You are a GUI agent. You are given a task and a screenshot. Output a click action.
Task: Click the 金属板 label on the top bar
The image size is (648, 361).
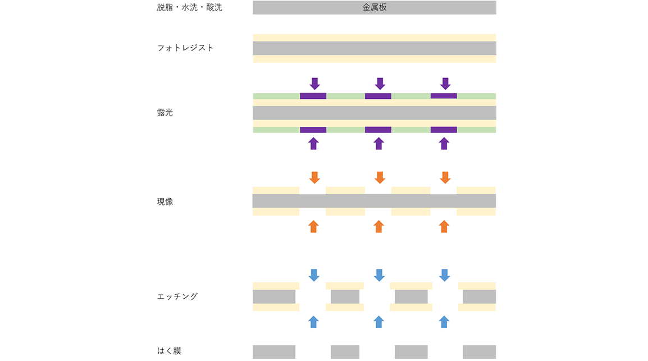(x=375, y=8)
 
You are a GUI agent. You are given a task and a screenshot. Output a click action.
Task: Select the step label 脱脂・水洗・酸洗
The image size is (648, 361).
(x=189, y=8)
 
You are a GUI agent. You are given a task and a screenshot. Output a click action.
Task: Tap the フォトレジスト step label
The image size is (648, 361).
(x=185, y=48)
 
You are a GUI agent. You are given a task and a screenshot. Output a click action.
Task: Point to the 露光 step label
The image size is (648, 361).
(x=165, y=113)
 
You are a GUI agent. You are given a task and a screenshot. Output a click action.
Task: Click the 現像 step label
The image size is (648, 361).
(x=165, y=202)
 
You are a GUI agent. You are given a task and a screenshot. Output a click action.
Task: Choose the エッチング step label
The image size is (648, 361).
(x=177, y=296)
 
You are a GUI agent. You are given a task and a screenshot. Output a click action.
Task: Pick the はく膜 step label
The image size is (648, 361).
(x=169, y=351)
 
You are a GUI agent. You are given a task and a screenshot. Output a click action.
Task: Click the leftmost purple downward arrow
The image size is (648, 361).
(x=314, y=84)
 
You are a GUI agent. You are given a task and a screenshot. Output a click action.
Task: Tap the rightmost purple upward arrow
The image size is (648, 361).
(x=444, y=143)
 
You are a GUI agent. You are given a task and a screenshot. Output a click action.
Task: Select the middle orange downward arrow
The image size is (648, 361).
(x=380, y=177)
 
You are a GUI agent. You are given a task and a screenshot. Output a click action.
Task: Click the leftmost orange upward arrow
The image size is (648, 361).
(x=313, y=226)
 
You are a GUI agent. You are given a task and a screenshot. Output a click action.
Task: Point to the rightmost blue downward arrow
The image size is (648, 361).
(x=445, y=275)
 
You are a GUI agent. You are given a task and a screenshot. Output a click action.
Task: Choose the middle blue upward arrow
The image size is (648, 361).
(x=379, y=322)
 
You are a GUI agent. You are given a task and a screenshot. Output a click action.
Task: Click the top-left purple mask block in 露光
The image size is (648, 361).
(x=313, y=96)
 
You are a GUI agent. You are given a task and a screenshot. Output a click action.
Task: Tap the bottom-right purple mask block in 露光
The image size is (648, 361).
(x=444, y=130)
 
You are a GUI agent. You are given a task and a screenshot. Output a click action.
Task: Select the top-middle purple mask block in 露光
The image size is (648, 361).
(x=378, y=96)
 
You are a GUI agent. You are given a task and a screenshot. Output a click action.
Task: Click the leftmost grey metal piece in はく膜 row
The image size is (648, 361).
(x=274, y=352)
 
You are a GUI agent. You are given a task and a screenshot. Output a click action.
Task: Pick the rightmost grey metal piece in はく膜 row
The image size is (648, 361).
(x=479, y=352)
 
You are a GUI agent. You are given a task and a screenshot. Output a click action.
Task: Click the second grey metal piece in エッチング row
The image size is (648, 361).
(x=345, y=296)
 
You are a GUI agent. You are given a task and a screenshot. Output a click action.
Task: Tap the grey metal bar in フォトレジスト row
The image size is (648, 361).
(x=375, y=48)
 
